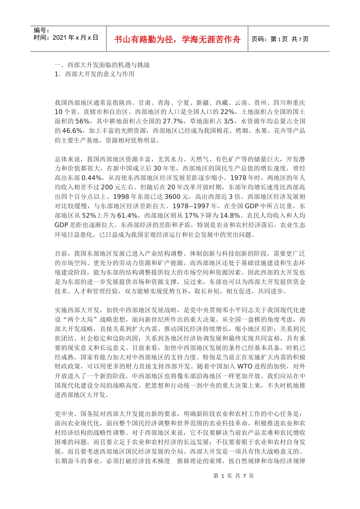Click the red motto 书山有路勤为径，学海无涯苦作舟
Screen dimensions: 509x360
(177, 39)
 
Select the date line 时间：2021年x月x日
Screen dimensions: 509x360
(66, 37)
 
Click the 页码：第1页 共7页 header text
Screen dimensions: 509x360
(280, 39)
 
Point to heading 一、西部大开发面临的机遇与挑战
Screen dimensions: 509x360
(102, 65)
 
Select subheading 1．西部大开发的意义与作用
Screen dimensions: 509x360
(94, 74)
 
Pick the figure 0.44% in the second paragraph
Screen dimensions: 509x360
(92, 178)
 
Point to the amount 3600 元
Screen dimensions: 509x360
(178, 197)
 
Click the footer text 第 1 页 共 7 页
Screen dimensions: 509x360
(233, 476)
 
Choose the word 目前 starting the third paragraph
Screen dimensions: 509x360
(61, 253)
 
